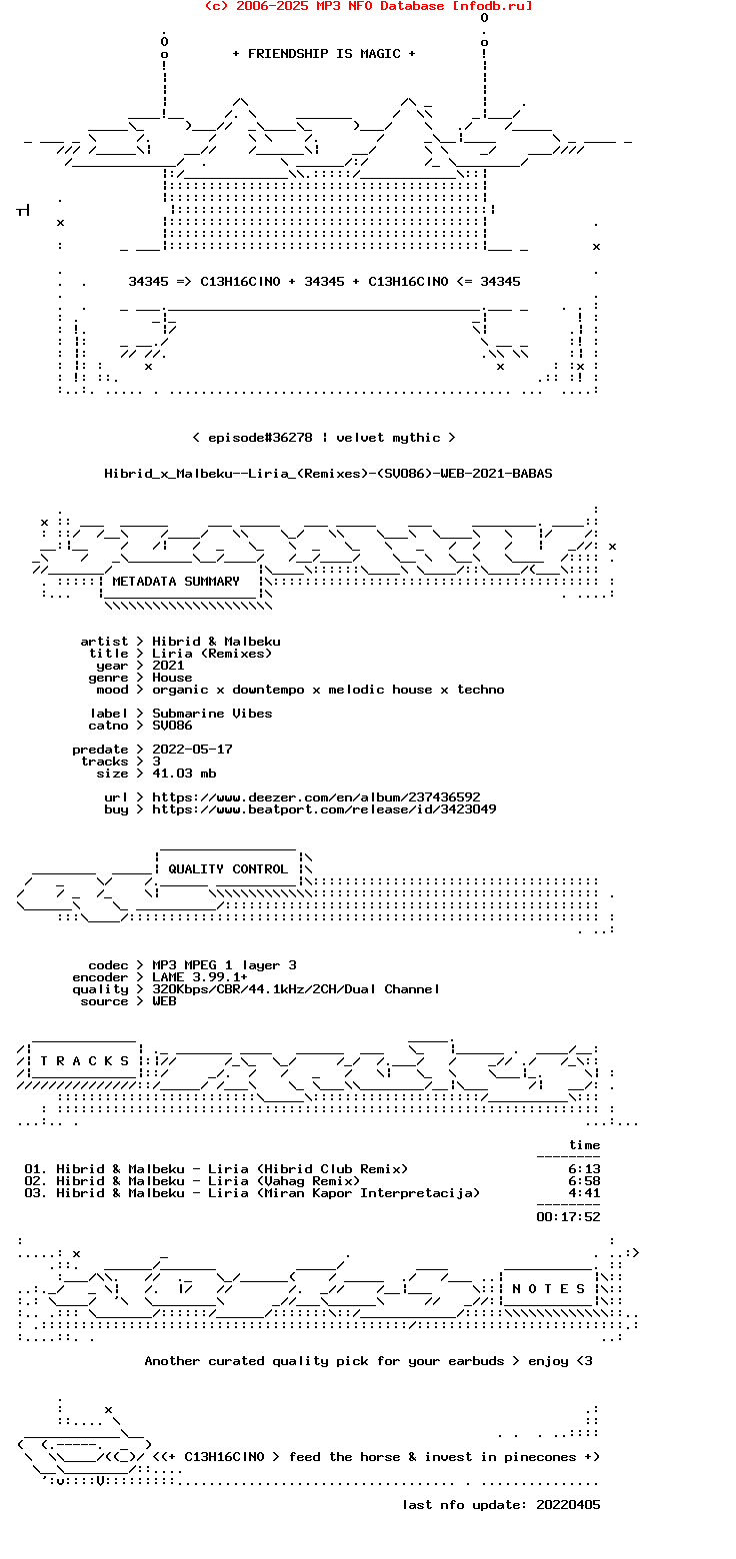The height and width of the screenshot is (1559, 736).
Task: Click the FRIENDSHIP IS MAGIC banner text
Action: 324,54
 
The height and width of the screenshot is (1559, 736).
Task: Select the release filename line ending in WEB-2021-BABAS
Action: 328,474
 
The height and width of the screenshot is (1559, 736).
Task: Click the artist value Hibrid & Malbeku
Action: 216,642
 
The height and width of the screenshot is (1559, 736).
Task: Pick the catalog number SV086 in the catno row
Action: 172,726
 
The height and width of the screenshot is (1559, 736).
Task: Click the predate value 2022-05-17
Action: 192,750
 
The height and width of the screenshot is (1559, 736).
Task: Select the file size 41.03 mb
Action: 184,774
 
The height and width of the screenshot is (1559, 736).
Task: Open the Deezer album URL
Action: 316,797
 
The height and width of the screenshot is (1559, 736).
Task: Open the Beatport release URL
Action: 324,809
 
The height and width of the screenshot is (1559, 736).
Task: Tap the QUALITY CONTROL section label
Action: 228,869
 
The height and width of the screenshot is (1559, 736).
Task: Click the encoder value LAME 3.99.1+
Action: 200,977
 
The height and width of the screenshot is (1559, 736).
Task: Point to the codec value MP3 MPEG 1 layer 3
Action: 224,965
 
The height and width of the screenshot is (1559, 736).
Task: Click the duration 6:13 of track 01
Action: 584,1169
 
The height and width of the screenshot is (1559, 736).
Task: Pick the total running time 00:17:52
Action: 568,1217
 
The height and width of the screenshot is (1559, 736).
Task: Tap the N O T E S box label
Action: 549,1289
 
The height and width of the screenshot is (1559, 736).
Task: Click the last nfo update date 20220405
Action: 568,1505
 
